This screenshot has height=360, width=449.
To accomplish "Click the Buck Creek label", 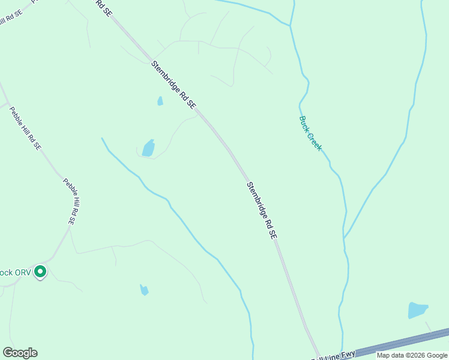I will tap(310, 133).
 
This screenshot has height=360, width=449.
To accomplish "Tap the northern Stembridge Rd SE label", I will tap(173, 84).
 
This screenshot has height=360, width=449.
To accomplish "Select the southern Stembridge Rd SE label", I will tap(262, 211).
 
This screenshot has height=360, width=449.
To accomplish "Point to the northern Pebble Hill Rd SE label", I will tap(28, 128).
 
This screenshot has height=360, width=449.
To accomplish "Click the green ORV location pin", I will tap(40, 272).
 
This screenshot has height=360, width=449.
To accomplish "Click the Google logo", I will tap(20, 353).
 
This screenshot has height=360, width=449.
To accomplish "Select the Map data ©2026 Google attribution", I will tap(412, 355).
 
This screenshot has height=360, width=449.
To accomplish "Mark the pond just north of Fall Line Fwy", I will tap(417, 310).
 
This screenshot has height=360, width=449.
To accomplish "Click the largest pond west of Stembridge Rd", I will tap(148, 148).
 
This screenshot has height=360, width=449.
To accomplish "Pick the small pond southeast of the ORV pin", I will tap(144, 290).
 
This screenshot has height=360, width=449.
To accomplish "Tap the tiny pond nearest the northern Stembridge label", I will tap(160, 101).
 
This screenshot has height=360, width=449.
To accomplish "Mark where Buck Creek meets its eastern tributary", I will tap(345, 239).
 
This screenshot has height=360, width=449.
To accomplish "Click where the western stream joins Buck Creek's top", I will tap(291, 25).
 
